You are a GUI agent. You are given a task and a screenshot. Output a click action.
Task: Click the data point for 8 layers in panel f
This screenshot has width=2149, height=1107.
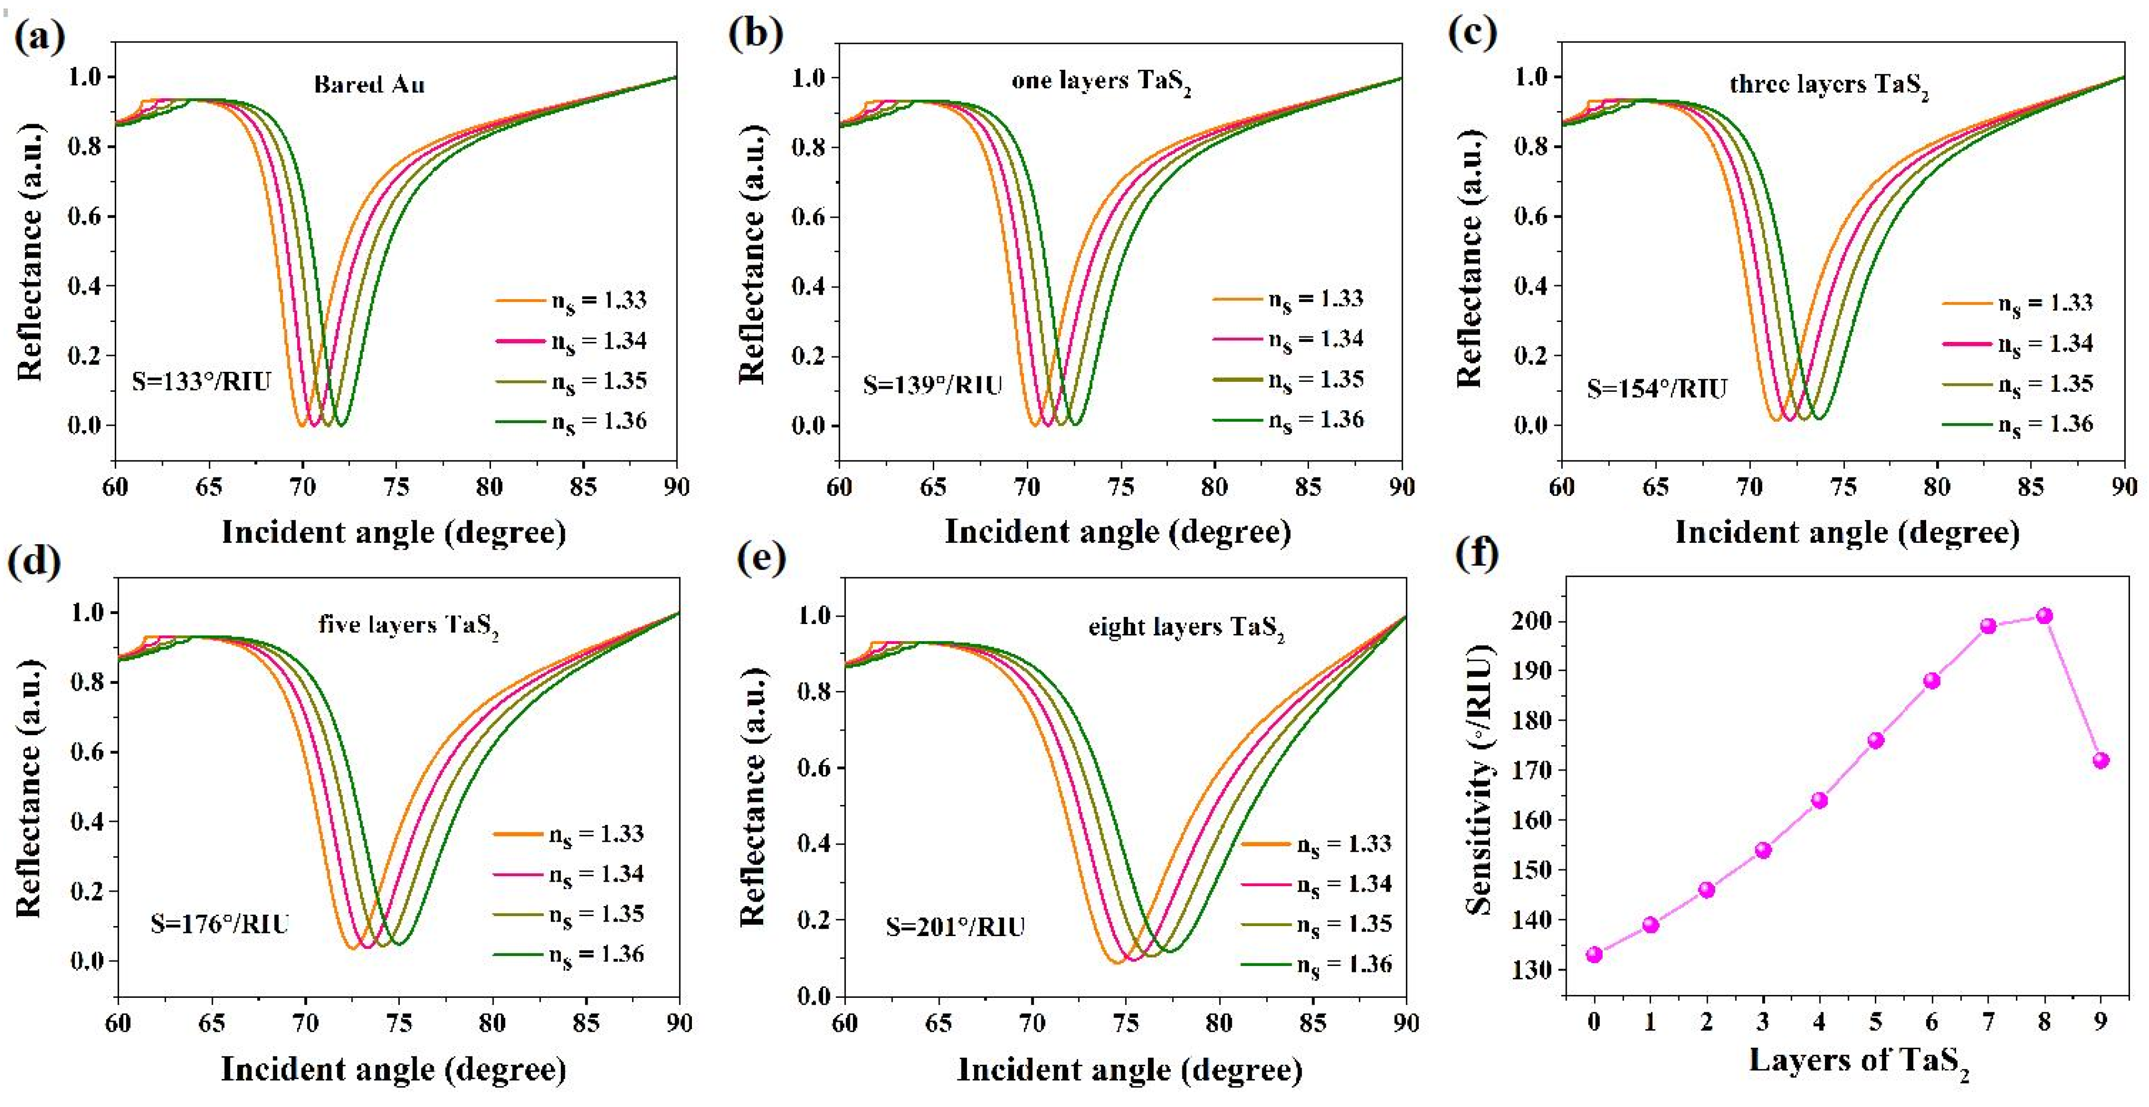(2044, 616)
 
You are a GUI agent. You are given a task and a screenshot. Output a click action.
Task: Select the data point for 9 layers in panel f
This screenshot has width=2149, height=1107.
(2101, 760)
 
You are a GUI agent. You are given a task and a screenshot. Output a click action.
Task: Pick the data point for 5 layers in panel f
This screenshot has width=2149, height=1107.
(1875, 740)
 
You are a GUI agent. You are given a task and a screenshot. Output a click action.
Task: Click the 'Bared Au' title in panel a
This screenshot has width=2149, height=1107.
(369, 84)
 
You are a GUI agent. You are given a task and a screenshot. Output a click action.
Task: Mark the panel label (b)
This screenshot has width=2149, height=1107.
(755, 35)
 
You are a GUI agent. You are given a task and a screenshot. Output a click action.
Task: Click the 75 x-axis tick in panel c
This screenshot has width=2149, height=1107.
(1843, 486)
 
